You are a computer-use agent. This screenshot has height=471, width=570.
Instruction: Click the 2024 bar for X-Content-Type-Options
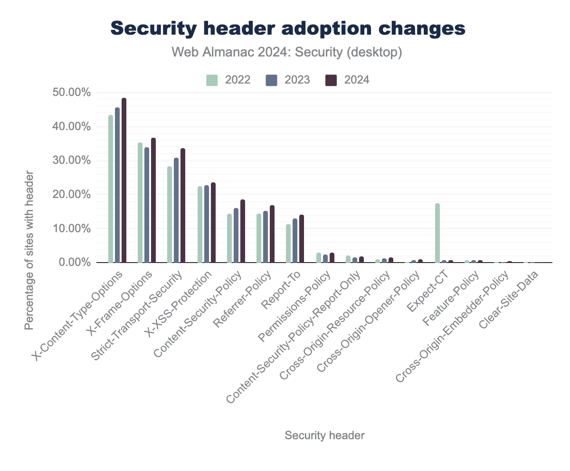click(x=124, y=180)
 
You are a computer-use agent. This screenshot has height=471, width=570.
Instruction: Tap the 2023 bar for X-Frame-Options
click(x=147, y=205)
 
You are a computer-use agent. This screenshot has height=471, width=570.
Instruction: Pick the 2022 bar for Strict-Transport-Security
click(x=170, y=215)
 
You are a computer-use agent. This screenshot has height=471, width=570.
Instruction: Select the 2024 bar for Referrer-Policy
click(x=272, y=234)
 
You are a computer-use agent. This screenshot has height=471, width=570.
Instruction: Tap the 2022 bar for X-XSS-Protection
click(x=200, y=225)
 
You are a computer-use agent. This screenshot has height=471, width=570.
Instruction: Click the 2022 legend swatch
click(x=211, y=80)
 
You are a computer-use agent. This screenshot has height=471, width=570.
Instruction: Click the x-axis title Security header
click(x=324, y=435)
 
